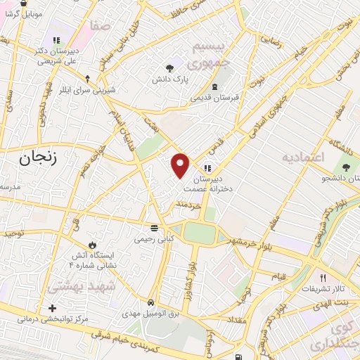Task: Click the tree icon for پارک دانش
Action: click(169, 67)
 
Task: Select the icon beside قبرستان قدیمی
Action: click(214, 86)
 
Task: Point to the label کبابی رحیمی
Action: click(154, 239)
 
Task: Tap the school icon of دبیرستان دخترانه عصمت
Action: click(207, 168)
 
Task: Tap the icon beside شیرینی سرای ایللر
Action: click(87, 79)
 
